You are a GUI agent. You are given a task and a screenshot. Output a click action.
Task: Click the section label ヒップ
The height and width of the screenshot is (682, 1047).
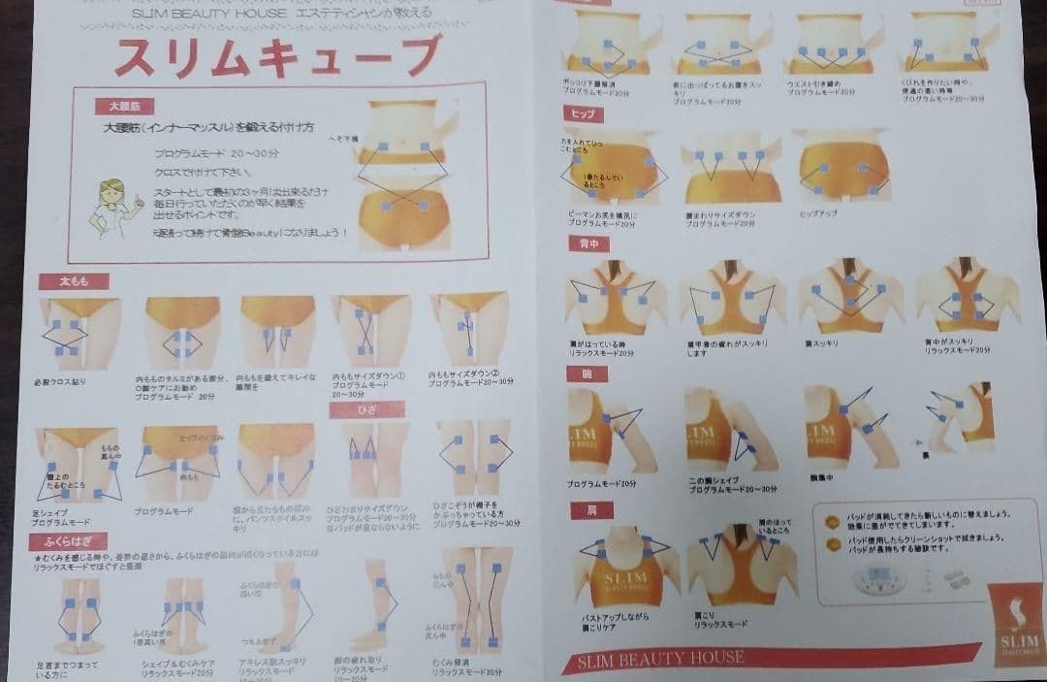coord(586,114)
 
